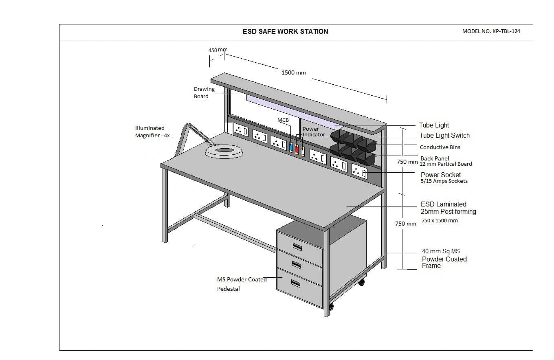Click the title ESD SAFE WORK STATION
pyautogui.click(x=285, y=31)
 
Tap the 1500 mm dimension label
pyautogui.click(x=293, y=72)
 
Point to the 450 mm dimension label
pyautogui.click(x=218, y=50)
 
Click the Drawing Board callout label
pyautogui.click(x=204, y=92)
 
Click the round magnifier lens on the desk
pyautogui.click(x=224, y=151)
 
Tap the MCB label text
pyautogui.click(x=283, y=120)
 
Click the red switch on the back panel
pyautogui.click(x=297, y=149)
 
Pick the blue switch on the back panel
pyautogui.click(x=291, y=147)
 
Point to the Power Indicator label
pyautogui.click(x=314, y=132)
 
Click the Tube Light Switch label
pyautogui.click(x=444, y=135)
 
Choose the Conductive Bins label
pyautogui.click(x=440, y=147)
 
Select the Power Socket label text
pyautogui.click(x=441, y=175)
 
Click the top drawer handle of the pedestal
pyautogui.click(x=297, y=246)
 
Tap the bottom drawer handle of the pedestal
pyautogui.click(x=296, y=284)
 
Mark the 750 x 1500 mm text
pyautogui.click(x=440, y=220)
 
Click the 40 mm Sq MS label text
pyautogui.click(x=441, y=251)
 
